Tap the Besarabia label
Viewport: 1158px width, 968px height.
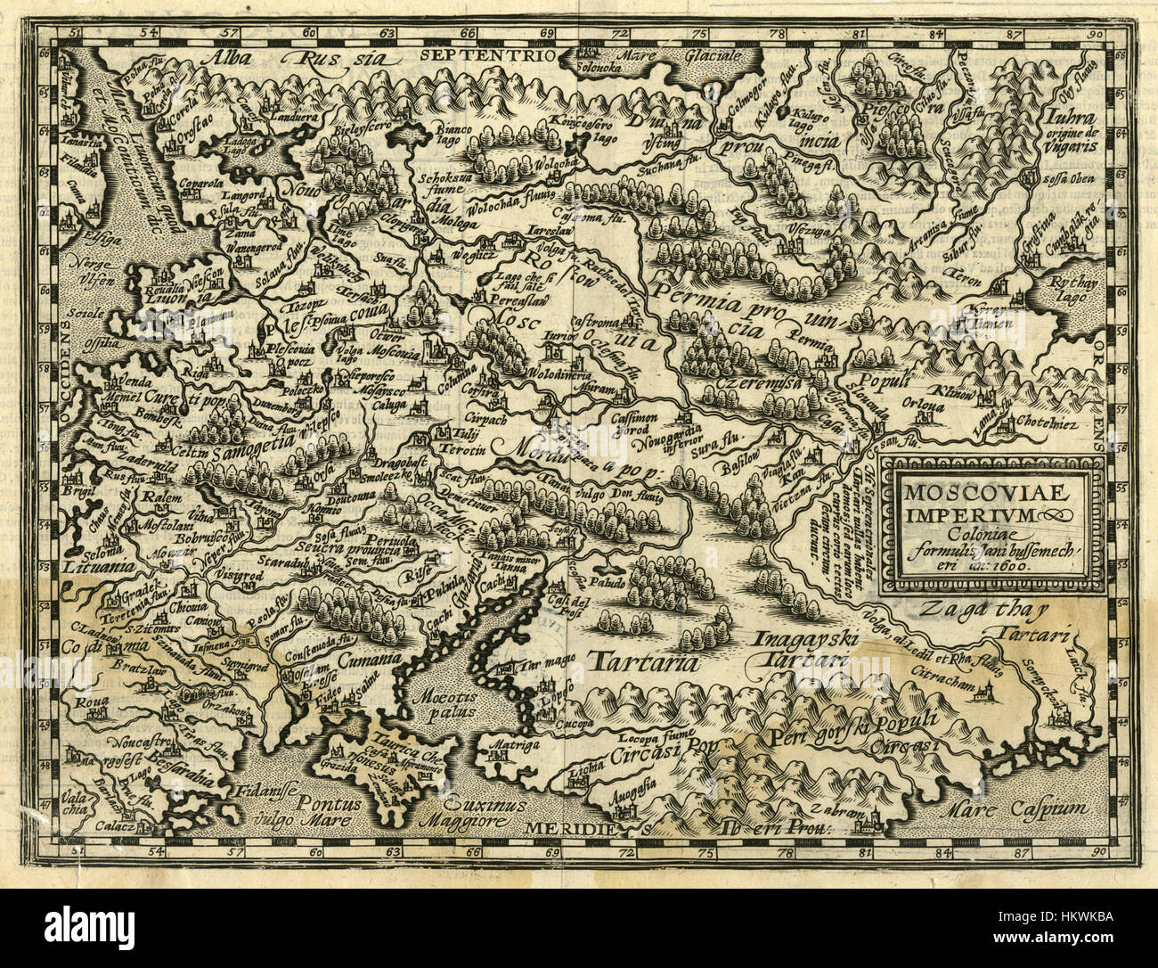(183, 778)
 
